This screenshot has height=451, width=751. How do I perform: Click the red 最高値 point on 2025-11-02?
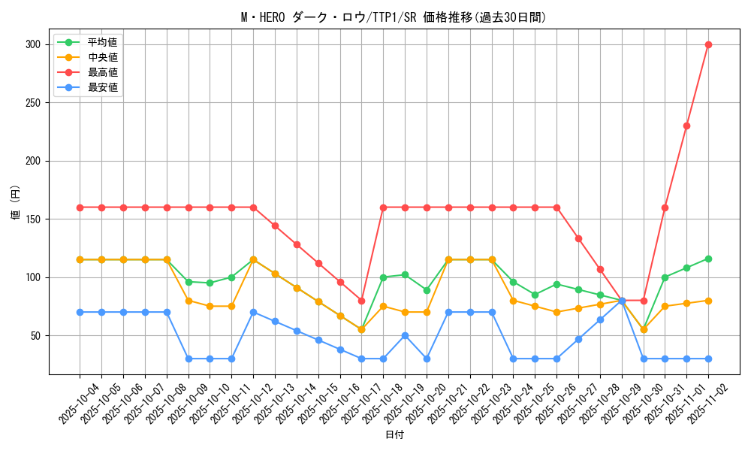[x=708, y=44]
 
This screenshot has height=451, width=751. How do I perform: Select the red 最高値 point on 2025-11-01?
[x=686, y=126]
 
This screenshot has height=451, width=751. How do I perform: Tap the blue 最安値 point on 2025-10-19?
[x=405, y=335]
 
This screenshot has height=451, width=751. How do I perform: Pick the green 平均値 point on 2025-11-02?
[x=708, y=259]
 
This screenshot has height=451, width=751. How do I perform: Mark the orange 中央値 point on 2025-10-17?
[x=361, y=329]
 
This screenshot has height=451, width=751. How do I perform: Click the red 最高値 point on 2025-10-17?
[x=361, y=301]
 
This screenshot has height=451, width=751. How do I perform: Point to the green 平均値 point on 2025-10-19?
[x=405, y=275]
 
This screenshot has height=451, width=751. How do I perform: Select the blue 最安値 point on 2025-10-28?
[x=600, y=319]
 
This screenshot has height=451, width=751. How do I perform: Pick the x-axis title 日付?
[x=394, y=435]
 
